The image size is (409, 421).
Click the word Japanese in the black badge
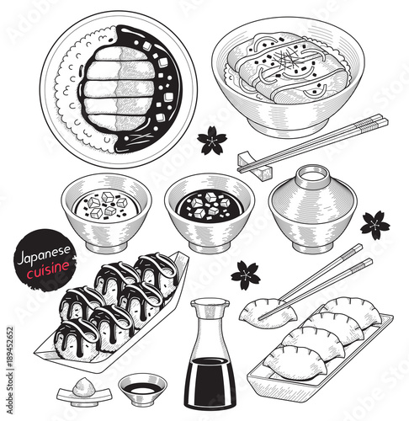(44, 254)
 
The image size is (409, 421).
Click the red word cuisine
(48, 269)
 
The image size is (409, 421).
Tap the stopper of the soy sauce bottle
(210, 304)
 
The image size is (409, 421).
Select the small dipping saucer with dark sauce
(142, 390)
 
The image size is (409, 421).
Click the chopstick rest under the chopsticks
(255, 165)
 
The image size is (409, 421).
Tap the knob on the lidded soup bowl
(313, 174)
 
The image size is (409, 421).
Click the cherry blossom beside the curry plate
(212, 141)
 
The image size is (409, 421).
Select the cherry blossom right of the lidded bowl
(374, 226)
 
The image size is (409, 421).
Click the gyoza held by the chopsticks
(268, 313)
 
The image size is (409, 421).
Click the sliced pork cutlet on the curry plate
(119, 89)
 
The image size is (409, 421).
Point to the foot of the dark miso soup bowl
(210, 248)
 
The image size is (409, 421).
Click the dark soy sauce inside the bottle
(210, 381)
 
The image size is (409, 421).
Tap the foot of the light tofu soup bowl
(106, 248)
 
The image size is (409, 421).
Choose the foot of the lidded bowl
(312, 248)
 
